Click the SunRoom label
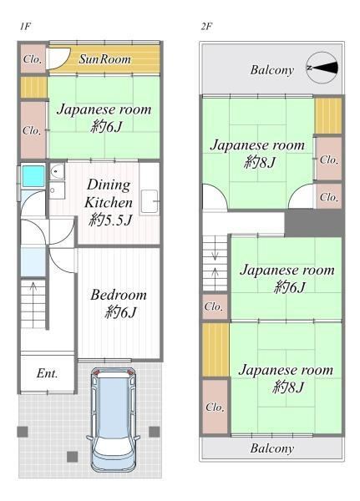105,59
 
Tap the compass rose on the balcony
322,68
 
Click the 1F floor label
25,26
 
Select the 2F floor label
206,26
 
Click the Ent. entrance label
47,373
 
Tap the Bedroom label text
119,295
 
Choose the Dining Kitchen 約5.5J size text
110,220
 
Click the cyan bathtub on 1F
33,175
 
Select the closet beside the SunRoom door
33,58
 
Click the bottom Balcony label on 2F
271,448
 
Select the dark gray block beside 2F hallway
313,223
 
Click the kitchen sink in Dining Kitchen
150,201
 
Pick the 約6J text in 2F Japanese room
290,286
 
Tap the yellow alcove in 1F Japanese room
33,87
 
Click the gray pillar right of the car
154,432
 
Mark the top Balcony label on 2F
271,70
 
